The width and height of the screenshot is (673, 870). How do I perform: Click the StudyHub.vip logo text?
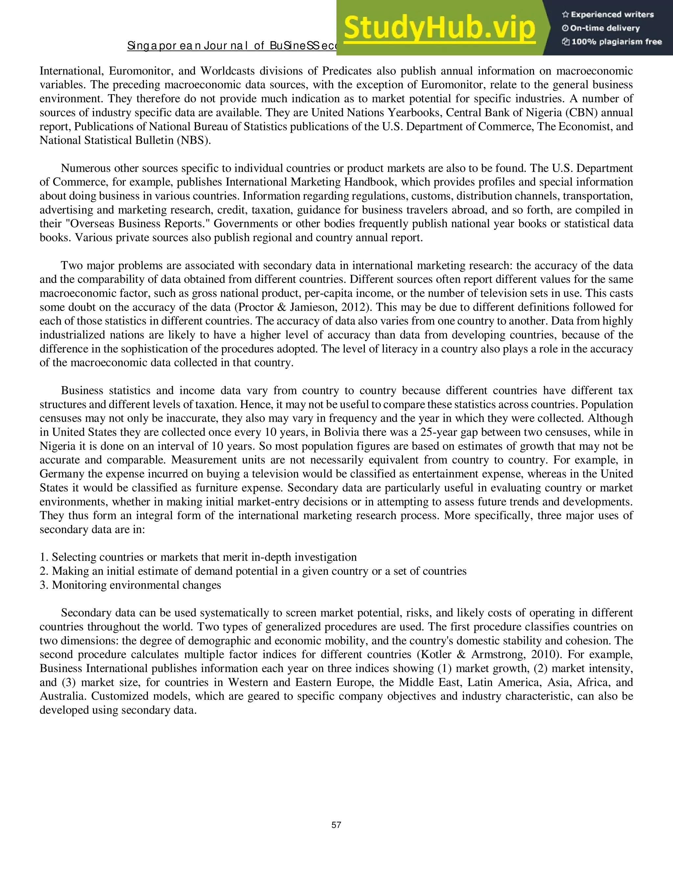pos(439,28)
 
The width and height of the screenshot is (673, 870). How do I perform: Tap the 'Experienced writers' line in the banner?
pos(612,15)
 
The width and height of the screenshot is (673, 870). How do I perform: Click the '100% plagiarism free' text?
pos(616,42)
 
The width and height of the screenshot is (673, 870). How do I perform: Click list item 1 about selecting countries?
pos(198,557)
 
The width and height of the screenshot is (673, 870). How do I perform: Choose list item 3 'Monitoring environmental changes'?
pos(130,585)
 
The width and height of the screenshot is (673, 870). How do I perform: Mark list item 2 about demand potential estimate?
pos(253,571)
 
